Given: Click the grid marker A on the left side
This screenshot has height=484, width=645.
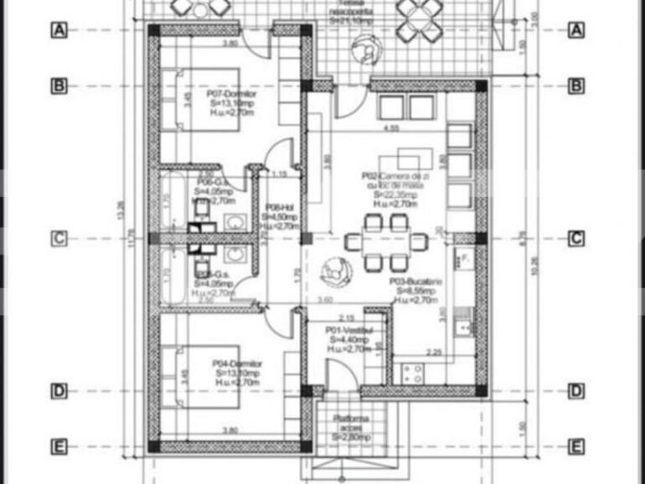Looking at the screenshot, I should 59,30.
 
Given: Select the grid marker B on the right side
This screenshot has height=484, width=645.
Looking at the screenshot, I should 575,85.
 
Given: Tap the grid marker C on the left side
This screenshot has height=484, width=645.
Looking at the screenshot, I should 59,239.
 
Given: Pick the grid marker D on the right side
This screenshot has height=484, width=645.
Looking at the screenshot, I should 575,390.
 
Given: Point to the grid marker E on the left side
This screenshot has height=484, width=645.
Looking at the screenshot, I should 59,446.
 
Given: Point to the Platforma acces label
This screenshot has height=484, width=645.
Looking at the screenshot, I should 352,428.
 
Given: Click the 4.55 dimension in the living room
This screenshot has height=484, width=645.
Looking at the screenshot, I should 390,128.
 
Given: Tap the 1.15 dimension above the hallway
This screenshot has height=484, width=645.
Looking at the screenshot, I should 279,174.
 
